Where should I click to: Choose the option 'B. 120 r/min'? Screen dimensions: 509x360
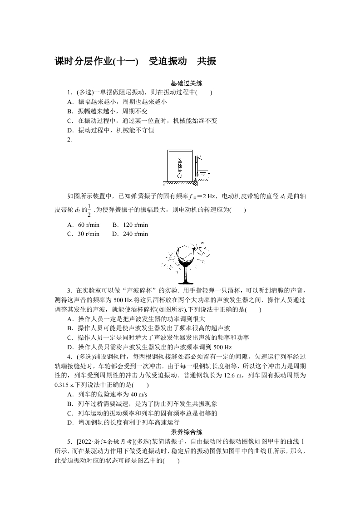point(130,225)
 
